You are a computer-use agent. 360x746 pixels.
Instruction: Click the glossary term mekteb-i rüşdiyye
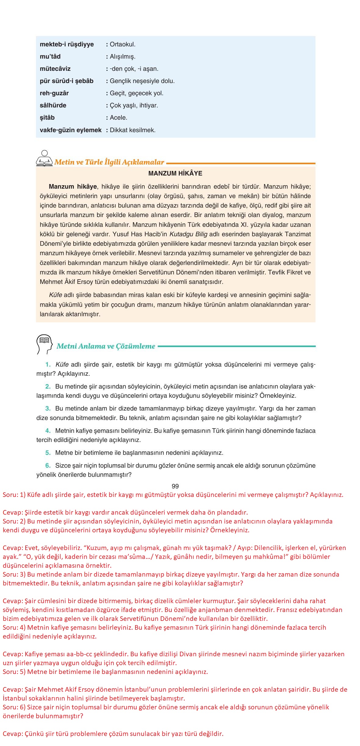[x=67, y=44]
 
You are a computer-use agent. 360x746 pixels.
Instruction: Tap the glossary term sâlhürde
[x=53, y=105]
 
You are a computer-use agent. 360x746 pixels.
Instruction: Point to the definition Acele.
[x=118, y=118]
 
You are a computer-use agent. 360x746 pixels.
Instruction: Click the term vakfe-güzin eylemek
[x=70, y=130]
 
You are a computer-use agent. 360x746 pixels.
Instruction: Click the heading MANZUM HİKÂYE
[x=175, y=173]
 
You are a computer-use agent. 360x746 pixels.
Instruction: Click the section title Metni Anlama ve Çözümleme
[x=106, y=346]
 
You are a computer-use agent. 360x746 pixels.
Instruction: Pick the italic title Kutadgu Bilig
[x=188, y=234]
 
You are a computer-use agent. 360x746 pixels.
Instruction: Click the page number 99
[x=175, y=486]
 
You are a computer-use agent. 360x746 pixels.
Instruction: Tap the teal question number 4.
[x=48, y=431]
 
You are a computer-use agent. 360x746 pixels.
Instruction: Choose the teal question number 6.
[x=48, y=465]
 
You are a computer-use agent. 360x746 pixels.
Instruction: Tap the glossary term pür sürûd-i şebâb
[x=67, y=81]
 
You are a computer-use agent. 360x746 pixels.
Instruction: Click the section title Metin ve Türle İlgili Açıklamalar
[x=109, y=162]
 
